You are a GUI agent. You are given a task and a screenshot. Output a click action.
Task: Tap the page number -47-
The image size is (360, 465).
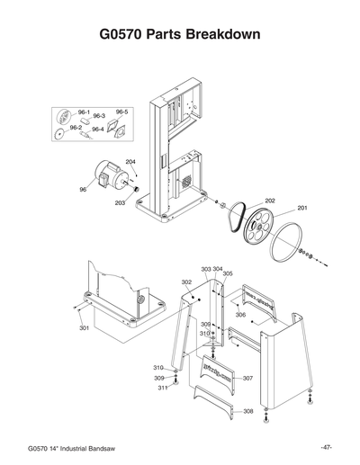pyautogui.click(x=327, y=447)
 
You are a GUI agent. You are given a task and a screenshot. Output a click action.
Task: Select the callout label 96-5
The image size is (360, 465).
pyautogui.click(x=122, y=112)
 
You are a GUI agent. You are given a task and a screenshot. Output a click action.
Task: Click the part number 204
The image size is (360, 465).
pyautogui.click(x=130, y=161)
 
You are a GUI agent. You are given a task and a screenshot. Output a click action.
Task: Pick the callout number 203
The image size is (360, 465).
pyautogui.click(x=120, y=203)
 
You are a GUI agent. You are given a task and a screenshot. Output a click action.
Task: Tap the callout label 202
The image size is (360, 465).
pyautogui.click(x=269, y=201)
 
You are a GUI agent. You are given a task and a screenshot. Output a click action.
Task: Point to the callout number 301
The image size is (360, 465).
pyautogui.click(x=84, y=328)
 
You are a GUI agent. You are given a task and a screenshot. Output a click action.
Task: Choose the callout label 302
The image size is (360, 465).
pyautogui.click(x=186, y=282)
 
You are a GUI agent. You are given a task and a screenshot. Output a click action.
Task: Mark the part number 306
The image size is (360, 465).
pyautogui.click(x=240, y=315)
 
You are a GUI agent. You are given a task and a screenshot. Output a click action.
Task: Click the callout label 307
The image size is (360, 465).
pyautogui.click(x=247, y=379)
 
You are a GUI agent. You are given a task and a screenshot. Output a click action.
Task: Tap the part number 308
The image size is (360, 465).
pyautogui.click(x=247, y=411)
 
